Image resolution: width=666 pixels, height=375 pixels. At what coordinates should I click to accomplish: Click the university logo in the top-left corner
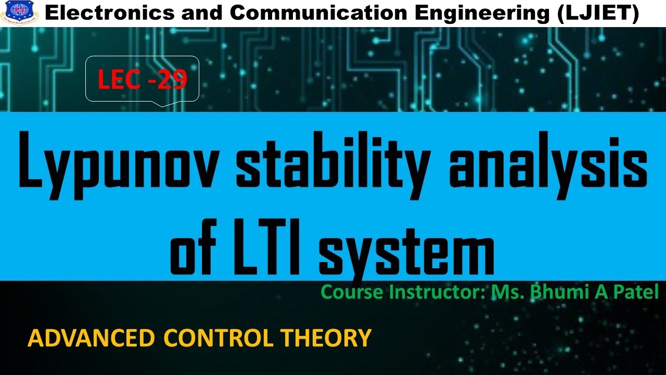coord(19,10)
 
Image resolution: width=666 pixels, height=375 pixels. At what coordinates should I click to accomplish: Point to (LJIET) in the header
coord(597,14)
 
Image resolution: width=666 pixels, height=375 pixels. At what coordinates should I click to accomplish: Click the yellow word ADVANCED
coord(91,338)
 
